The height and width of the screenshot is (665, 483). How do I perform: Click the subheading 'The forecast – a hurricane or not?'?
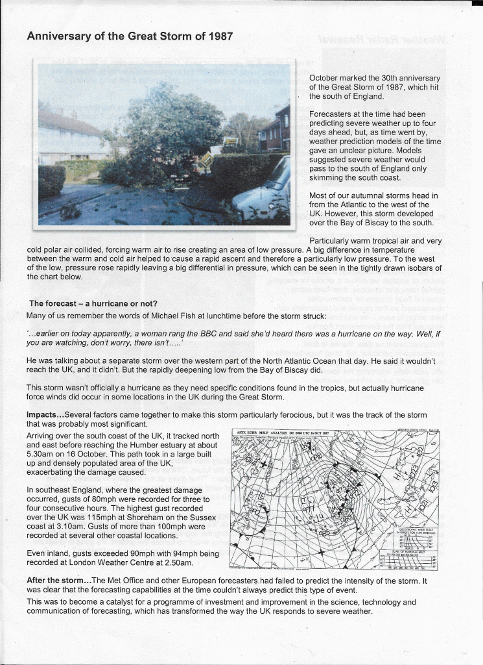pos(93,303)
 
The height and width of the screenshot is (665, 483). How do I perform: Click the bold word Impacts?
pos(44,414)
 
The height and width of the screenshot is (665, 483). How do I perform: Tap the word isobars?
pos(407,268)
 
